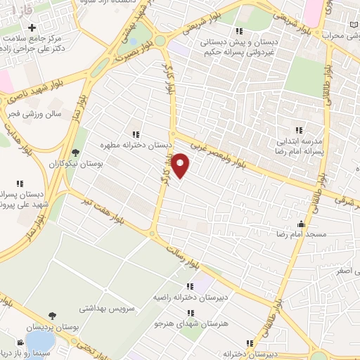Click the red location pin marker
(x=181, y=165)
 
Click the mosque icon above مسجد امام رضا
(x=302, y=223)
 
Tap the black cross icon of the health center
(x=31, y=27)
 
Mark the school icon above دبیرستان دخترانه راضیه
(x=189, y=287)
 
